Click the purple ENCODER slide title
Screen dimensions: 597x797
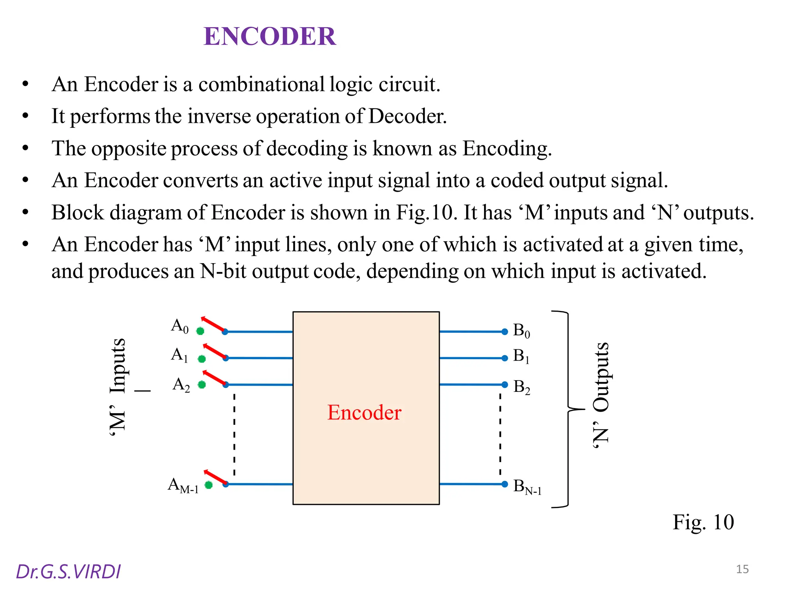[x=270, y=37]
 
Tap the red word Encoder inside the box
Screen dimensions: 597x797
[x=364, y=412]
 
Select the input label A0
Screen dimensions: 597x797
[x=180, y=326]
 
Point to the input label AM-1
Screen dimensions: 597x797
[x=183, y=486]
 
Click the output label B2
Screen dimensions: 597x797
[x=521, y=387]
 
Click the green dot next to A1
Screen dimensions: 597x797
[x=202, y=359]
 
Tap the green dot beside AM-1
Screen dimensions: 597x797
[x=209, y=485]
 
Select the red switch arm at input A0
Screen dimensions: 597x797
[x=213, y=325]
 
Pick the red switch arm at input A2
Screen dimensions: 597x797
[x=214, y=378]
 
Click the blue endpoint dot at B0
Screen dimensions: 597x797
[x=505, y=332]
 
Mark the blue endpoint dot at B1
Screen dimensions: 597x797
[x=505, y=358]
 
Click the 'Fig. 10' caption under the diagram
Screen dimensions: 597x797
[x=703, y=522]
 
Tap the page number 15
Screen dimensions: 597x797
[x=742, y=569]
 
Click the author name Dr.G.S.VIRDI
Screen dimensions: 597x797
[x=68, y=572]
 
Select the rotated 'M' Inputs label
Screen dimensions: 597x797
[x=118, y=387]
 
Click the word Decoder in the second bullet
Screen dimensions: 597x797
[x=407, y=116]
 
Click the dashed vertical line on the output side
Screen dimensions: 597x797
[x=500, y=435]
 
